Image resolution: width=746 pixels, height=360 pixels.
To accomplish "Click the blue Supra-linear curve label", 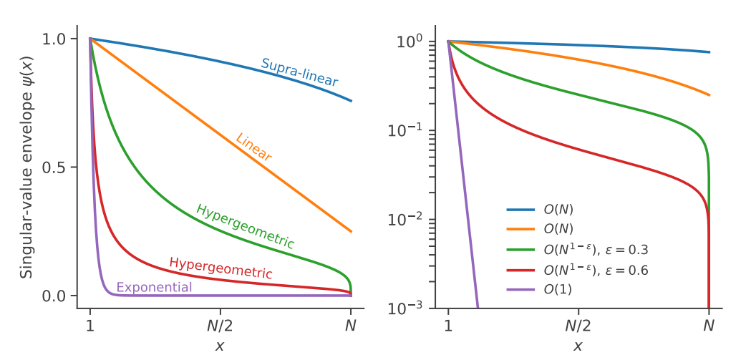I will (299, 72).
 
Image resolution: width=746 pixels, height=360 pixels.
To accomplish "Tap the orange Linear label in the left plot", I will (253, 147).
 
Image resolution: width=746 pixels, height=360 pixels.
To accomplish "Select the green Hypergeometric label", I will (246, 226).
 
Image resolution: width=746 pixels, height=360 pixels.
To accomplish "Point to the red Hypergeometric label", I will (221, 268).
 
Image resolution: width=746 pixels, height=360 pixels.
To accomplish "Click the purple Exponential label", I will (154, 288).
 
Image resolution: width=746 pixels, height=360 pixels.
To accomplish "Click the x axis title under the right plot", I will (578, 346).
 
